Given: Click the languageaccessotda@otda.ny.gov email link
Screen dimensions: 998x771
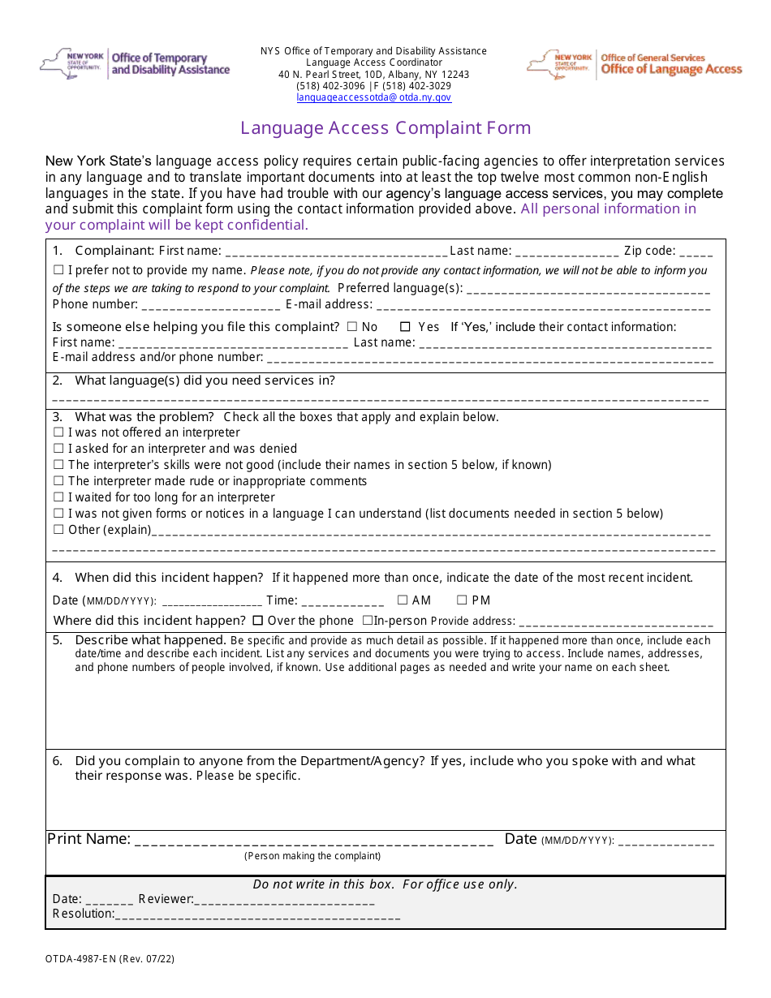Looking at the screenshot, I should click(x=373, y=97).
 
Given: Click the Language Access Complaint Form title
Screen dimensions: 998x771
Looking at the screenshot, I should click(x=385, y=128).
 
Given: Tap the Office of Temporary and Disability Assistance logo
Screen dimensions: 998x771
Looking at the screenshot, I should click(x=135, y=64).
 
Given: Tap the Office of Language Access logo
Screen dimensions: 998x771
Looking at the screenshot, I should click(x=635, y=64).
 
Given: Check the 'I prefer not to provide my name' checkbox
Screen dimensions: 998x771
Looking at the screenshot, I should click(x=58, y=270).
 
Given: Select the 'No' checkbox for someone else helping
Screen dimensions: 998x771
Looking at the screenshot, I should click(x=351, y=327).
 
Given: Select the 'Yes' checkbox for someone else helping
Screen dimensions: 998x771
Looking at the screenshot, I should click(x=405, y=327).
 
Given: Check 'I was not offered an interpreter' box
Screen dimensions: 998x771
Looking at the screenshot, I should click(x=58, y=433).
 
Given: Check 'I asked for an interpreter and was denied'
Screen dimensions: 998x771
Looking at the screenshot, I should click(x=58, y=450).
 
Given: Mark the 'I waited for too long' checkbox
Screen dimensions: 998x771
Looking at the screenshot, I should click(x=58, y=497).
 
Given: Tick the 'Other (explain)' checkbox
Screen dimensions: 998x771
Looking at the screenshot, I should click(x=58, y=530).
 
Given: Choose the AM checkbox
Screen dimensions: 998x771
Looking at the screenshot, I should click(x=403, y=600).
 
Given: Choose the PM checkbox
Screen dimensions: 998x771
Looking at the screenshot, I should click(x=462, y=600).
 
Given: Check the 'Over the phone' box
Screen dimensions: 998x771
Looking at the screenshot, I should click(x=258, y=621).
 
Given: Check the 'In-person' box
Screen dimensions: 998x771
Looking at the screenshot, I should click(x=368, y=621).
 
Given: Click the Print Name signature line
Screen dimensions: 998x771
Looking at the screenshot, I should click(x=313, y=841).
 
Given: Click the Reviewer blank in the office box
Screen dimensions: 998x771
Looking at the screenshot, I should click(x=284, y=900).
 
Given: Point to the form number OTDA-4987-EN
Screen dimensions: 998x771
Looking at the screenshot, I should click(x=110, y=959).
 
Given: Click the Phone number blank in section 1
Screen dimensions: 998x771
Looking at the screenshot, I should click(x=211, y=306).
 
